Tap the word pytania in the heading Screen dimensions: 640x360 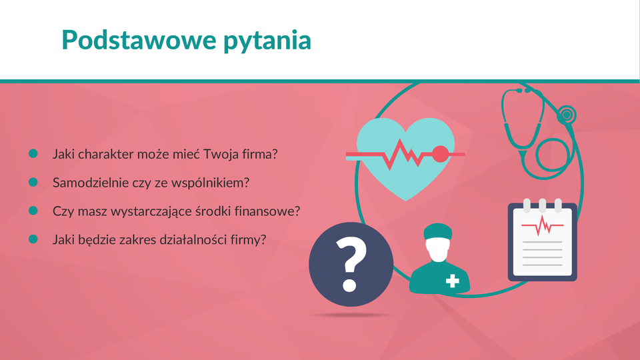click(267, 41)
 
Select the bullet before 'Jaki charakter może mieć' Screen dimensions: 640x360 click(33, 153)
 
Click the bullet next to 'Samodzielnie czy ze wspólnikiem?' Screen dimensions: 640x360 click(33, 182)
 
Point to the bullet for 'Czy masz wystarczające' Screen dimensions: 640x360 click(33, 211)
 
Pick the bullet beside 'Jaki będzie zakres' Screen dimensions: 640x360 click(33, 239)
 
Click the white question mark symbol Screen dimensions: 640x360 click(351, 264)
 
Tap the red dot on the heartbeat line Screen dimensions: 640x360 click(441, 154)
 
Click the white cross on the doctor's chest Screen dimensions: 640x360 click(452, 281)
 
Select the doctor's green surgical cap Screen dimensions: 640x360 click(437, 231)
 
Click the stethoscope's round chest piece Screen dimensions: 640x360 click(567, 115)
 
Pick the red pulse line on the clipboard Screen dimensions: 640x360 click(543, 226)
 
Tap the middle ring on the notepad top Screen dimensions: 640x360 click(543, 205)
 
